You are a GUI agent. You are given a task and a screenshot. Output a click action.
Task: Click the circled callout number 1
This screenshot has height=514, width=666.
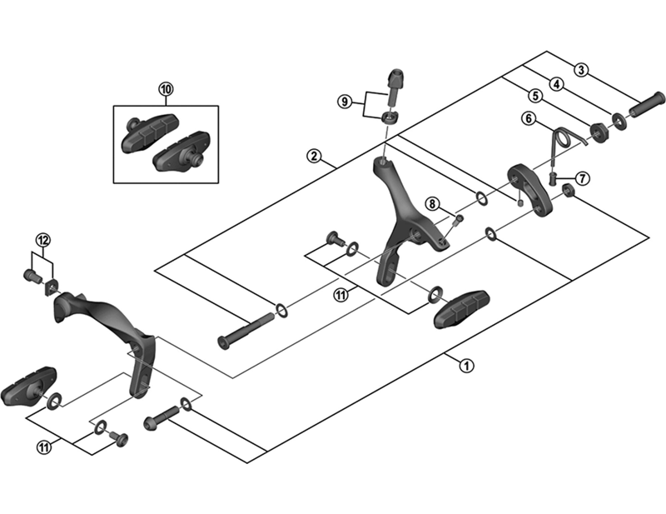pyautogui.click(x=466, y=364)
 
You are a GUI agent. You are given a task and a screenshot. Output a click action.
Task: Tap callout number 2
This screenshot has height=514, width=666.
pyautogui.click(x=313, y=156)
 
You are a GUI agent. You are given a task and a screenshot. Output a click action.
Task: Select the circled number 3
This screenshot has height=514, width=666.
pyautogui.click(x=581, y=70)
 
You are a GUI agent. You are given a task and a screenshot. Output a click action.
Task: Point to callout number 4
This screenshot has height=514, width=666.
pyautogui.click(x=555, y=82)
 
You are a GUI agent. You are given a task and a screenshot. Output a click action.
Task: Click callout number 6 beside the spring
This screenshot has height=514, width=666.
pyautogui.click(x=528, y=118)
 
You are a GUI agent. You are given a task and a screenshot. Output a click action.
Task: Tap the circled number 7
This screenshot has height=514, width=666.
pyautogui.click(x=581, y=178)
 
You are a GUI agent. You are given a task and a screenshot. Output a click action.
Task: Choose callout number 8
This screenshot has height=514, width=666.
pyautogui.click(x=432, y=203)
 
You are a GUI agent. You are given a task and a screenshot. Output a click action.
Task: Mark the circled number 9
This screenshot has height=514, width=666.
pyautogui.click(x=345, y=102)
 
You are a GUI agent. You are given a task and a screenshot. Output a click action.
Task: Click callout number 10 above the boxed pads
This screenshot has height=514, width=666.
pyautogui.click(x=165, y=88)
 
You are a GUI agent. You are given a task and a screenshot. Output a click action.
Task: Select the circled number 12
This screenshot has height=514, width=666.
pyautogui.click(x=43, y=241)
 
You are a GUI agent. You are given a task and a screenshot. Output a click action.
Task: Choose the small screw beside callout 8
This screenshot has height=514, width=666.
pyautogui.click(x=458, y=219)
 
